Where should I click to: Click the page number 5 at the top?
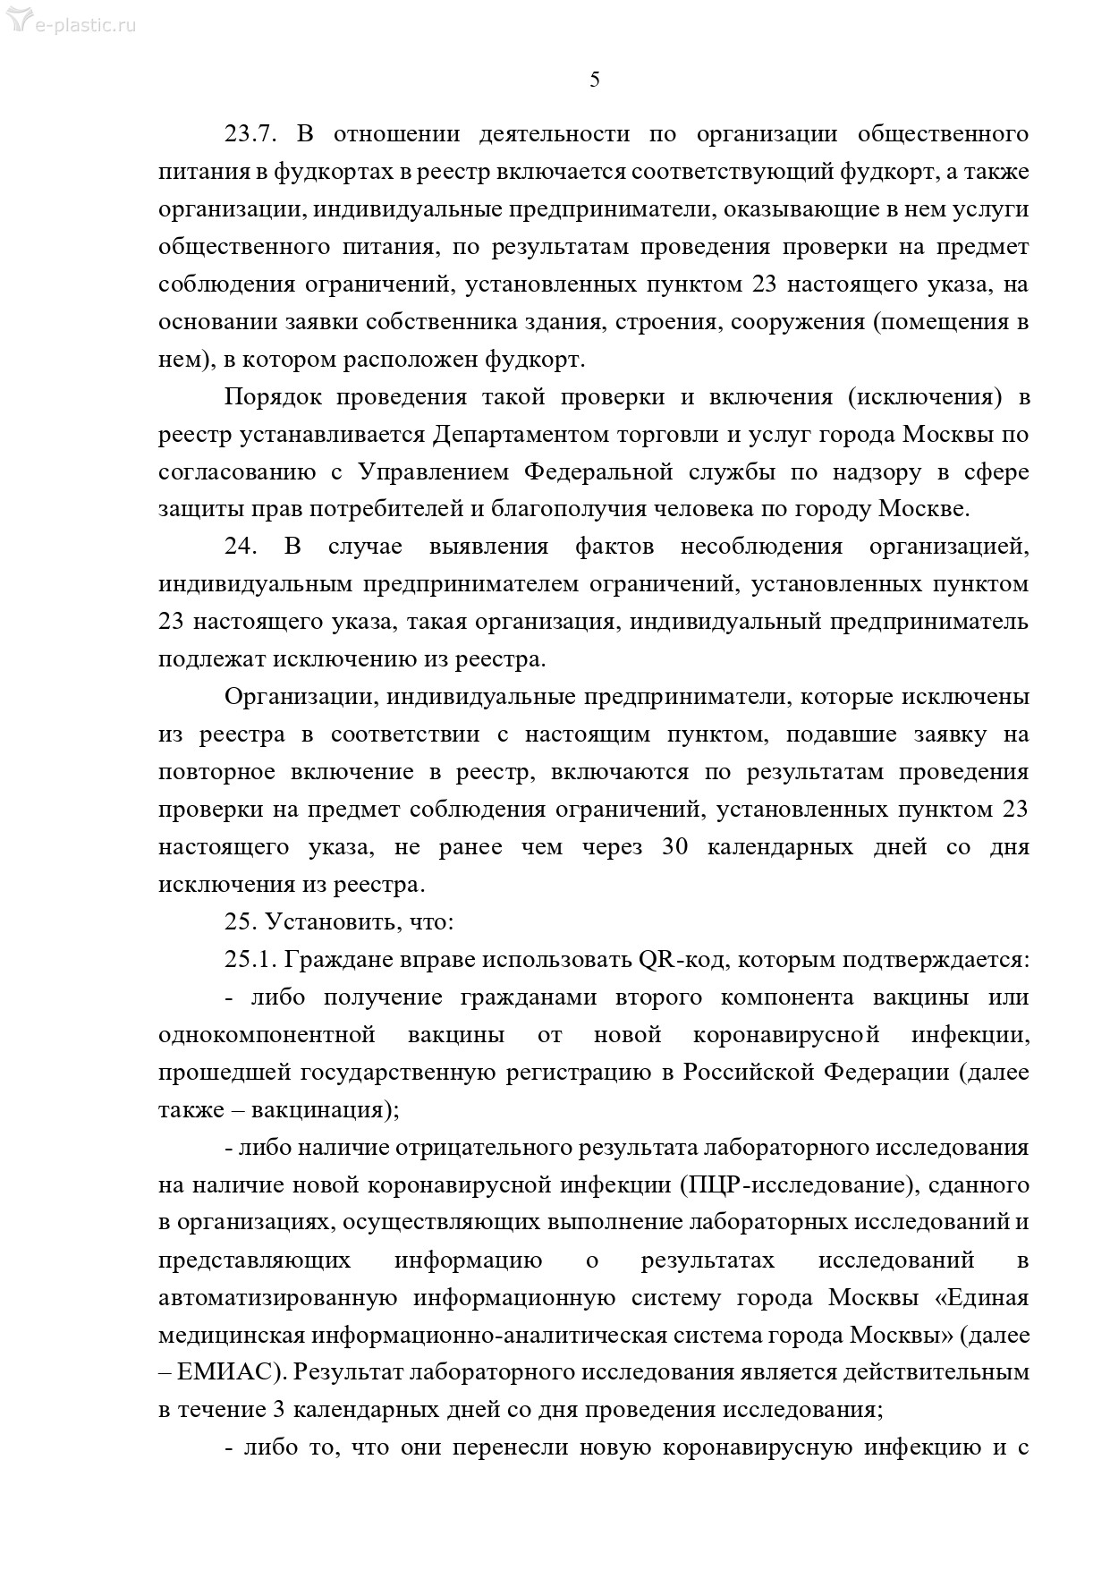tap(595, 80)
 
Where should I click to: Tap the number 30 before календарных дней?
tap(674, 846)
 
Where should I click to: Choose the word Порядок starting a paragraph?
tap(271, 396)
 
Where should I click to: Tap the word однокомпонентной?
tap(267, 1034)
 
